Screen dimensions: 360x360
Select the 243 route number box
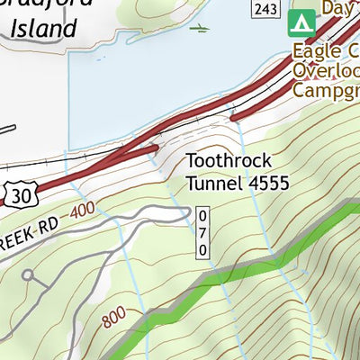pyautogui.click(x=264, y=9)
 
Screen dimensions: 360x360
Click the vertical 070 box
pyautogui.click(x=202, y=232)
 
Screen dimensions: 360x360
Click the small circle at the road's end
pyautogui.click(x=28, y=275)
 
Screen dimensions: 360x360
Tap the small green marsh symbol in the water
pyautogui.click(x=199, y=29)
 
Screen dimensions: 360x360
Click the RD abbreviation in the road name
pyautogui.click(x=53, y=222)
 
